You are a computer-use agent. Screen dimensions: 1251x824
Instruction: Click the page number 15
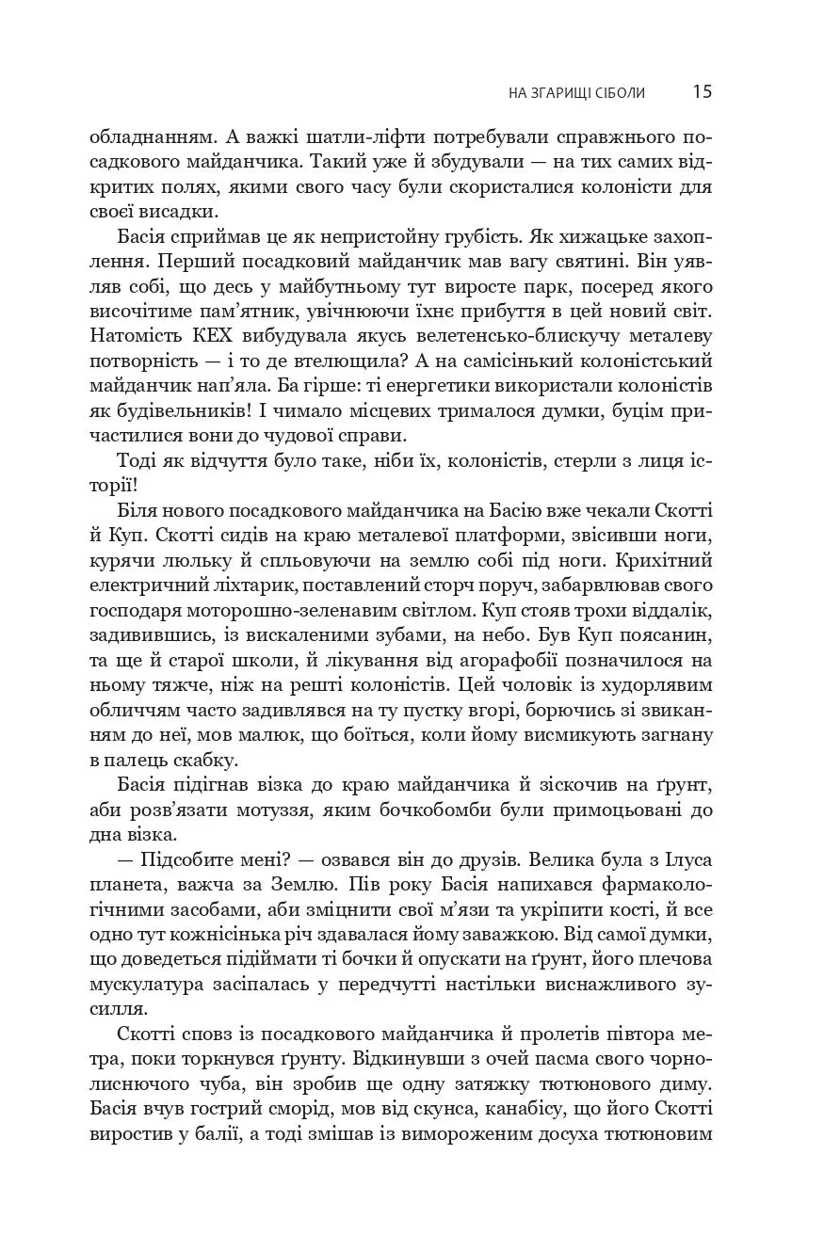[702, 91]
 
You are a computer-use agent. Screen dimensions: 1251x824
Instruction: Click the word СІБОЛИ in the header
[621, 92]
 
